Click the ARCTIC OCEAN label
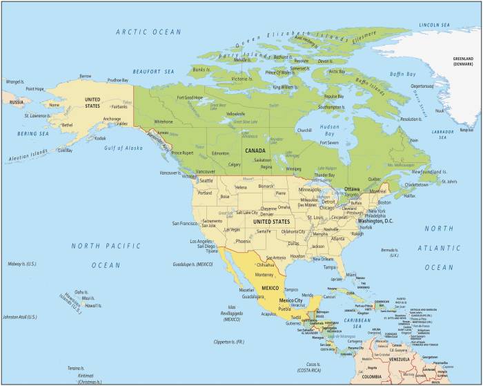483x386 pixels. (x=148, y=32)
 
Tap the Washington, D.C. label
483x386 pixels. (x=370, y=221)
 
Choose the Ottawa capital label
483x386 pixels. (x=352, y=189)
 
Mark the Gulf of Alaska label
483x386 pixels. (x=123, y=148)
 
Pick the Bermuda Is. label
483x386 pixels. (x=390, y=252)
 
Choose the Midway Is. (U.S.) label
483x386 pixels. (x=21, y=264)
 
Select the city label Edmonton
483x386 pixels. (x=221, y=153)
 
